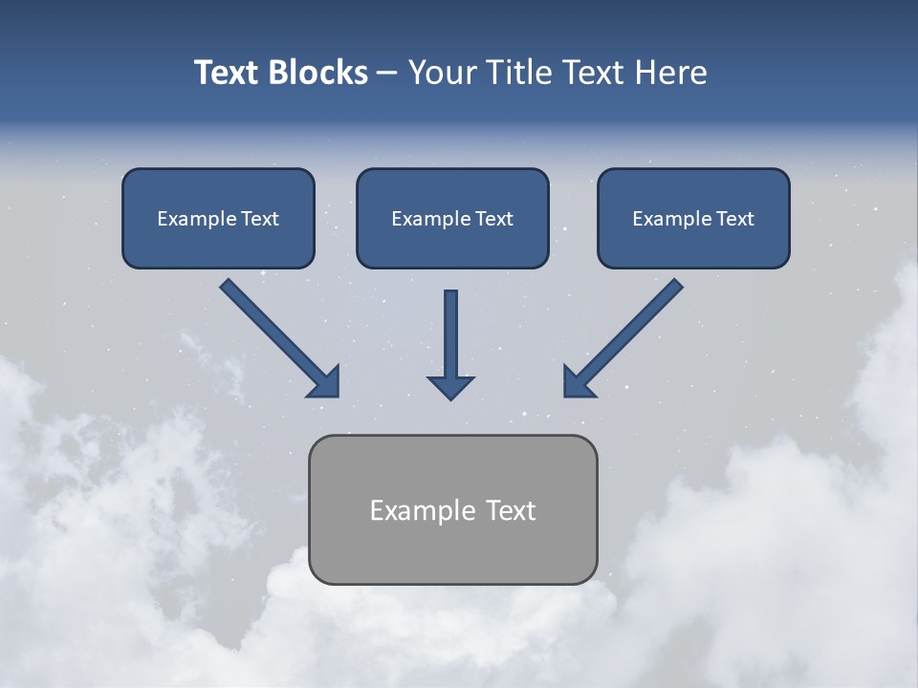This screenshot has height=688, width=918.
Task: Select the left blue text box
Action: [218, 218]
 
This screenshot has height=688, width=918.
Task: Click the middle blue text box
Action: [452, 218]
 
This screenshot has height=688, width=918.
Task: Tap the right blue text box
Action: [693, 218]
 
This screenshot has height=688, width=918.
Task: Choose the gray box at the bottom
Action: [452, 509]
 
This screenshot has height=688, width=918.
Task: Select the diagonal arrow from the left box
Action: [277, 335]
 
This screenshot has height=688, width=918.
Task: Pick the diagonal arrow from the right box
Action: [625, 335]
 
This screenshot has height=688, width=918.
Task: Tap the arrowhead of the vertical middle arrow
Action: [450, 386]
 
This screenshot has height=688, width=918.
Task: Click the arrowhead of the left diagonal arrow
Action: [325, 382]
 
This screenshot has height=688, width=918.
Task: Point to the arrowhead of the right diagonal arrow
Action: [578, 382]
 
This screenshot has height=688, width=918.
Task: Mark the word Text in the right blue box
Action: [735, 219]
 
